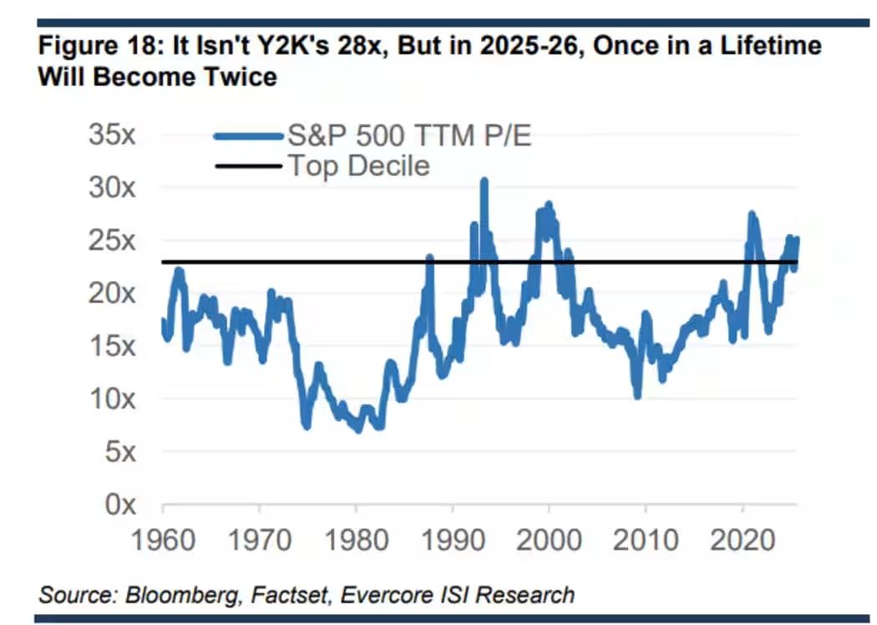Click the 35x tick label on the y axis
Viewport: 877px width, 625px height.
(x=112, y=135)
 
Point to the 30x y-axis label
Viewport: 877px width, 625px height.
(x=112, y=188)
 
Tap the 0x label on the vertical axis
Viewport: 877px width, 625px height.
(x=120, y=505)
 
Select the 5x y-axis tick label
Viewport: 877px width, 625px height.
(x=120, y=451)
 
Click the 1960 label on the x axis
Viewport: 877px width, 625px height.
(x=163, y=541)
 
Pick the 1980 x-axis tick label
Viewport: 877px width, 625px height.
(x=357, y=541)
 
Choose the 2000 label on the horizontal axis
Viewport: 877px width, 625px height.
(x=549, y=541)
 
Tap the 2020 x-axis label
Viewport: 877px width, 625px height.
(x=743, y=541)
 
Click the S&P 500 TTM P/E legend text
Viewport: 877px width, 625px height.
(x=409, y=135)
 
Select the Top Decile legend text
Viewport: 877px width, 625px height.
(x=358, y=166)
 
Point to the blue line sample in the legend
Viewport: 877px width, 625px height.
(x=249, y=136)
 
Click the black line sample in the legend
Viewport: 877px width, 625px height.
(x=249, y=165)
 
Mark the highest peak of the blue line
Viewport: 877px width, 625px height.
(x=484, y=180)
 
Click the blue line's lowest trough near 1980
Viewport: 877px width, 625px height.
(x=358, y=429)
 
